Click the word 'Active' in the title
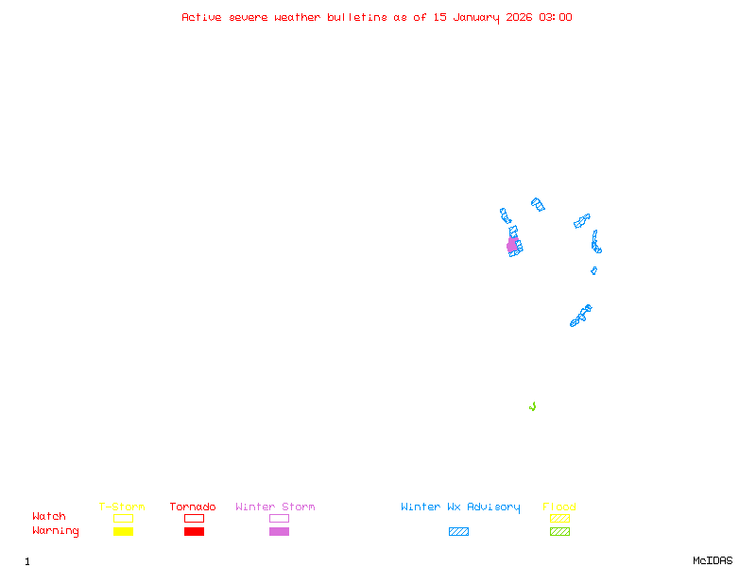coord(202,17)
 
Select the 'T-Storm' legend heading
coord(122,507)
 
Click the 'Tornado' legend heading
coord(193,507)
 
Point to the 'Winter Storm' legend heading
coord(275,507)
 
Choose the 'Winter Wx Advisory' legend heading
coord(460,507)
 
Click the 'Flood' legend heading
coord(559,507)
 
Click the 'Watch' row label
coord(49,516)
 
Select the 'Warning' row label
coord(56,531)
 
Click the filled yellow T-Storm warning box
coord(123,531)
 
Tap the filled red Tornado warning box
coord(194,531)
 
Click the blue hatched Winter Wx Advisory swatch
coord(458,531)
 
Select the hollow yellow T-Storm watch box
coord(123,518)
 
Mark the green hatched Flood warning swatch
coord(559,531)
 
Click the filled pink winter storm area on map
coord(512,245)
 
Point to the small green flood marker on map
coord(533,406)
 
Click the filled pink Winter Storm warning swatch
coord(279,531)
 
